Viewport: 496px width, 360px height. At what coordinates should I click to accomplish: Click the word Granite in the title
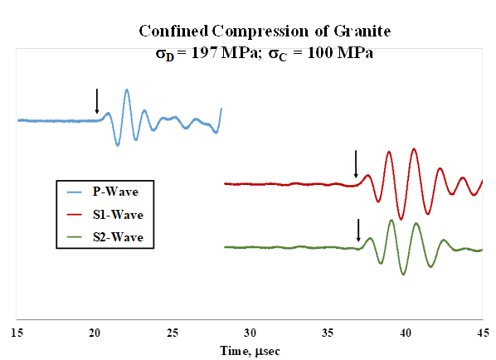pos(362,32)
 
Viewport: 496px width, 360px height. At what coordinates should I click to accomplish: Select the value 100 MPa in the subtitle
pos(340,52)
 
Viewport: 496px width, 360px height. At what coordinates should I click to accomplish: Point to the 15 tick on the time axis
pos(17,333)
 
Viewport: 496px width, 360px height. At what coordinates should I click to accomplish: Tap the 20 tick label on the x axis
pos(95,333)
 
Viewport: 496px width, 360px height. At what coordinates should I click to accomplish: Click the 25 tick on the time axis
pos(173,333)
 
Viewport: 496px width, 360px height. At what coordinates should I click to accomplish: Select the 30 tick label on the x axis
pos(250,333)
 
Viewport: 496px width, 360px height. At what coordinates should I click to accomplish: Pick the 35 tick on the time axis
pos(328,333)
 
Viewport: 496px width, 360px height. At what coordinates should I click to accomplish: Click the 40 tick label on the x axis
pos(406,333)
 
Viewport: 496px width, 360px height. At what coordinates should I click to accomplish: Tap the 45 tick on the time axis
pos(483,333)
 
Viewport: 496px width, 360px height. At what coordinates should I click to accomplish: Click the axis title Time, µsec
pos(250,351)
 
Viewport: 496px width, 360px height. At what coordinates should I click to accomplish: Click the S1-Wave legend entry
pos(105,215)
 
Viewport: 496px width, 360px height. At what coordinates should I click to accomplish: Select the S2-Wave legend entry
pos(105,237)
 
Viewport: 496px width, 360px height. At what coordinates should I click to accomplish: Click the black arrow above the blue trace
pos(97,101)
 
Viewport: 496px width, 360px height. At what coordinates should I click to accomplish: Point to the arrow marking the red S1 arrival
pos(356,164)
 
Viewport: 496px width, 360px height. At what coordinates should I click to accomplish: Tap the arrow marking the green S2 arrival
pos(358,231)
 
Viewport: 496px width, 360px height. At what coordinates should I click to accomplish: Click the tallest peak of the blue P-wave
pos(127,90)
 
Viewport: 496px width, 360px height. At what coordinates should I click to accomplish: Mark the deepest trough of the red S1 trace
pos(401,219)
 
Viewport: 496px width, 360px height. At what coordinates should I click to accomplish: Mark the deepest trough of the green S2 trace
pos(403,275)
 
